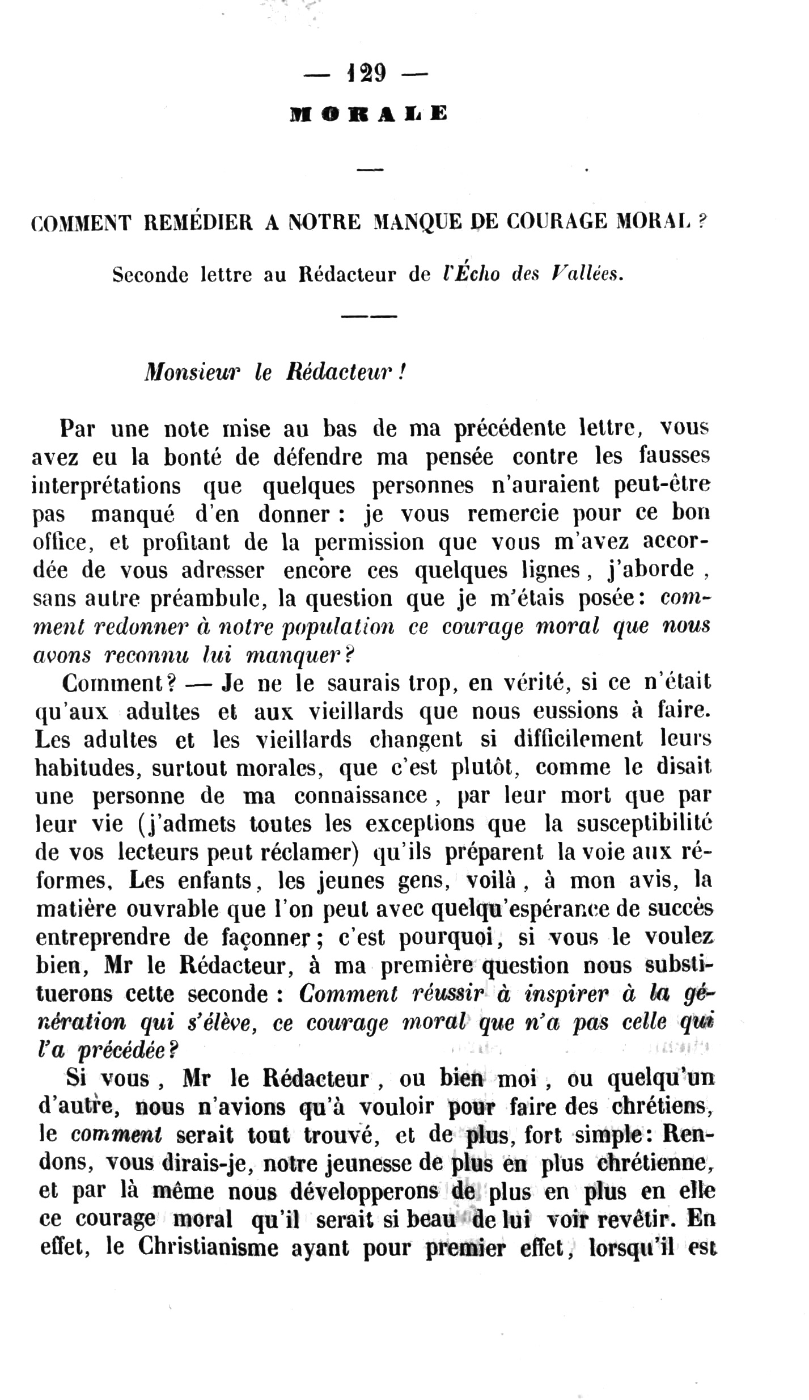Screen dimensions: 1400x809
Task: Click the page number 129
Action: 366,74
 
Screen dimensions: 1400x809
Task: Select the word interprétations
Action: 107,486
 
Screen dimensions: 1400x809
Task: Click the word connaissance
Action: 361,796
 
